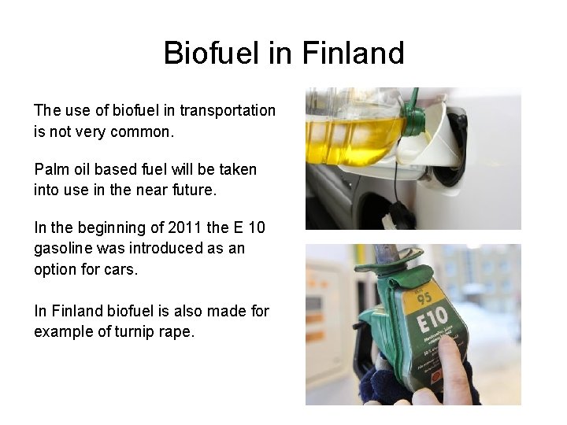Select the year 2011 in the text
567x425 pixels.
182,228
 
